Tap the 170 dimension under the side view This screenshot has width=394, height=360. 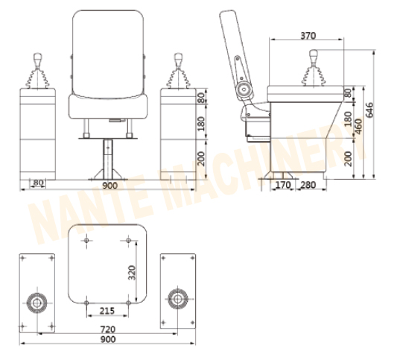tap(282, 184)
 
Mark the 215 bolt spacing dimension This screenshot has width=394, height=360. tap(108, 311)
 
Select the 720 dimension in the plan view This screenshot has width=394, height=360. tap(107, 329)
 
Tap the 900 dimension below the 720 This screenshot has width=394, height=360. tap(107, 341)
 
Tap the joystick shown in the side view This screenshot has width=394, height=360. tap(312, 67)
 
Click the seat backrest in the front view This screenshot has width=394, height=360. tap(107, 48)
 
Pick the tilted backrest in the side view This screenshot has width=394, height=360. tap(233, 48)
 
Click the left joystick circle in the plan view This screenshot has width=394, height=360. tap(36, 302)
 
